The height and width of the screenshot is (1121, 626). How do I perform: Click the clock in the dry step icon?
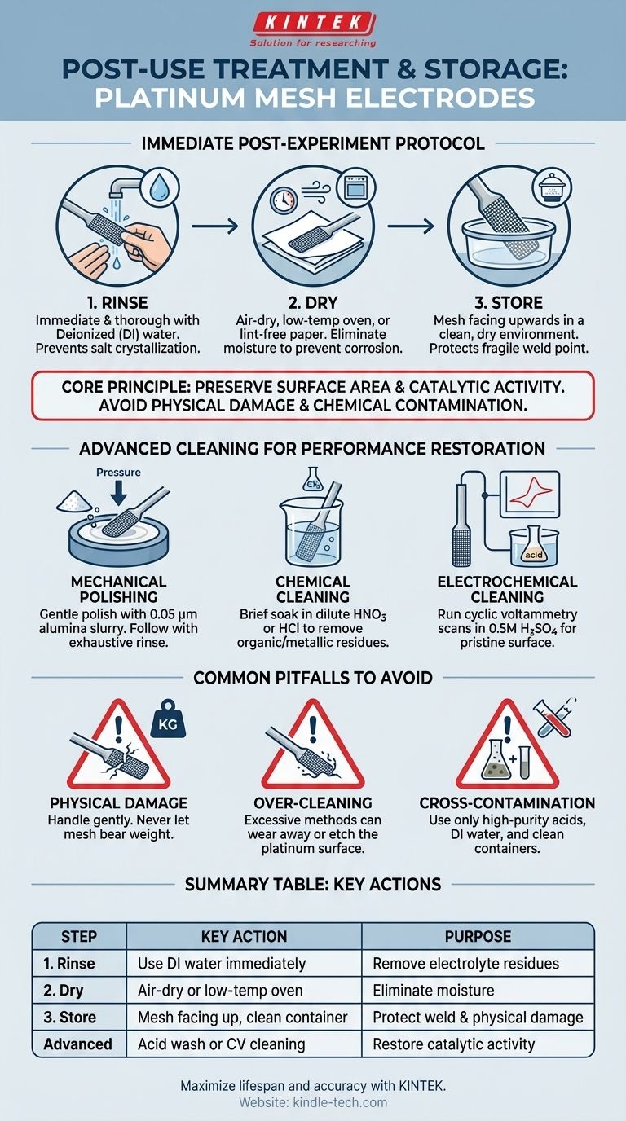pyautogui.click(x=284, y=200)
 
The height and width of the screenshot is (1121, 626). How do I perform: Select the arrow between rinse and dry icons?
pyautogui.click(x=215, y=226)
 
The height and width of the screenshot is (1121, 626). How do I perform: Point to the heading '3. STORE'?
pyautogui.click(x=509, y=303)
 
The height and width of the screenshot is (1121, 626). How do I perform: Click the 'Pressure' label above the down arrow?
pyautogui.click(x=118, y=472)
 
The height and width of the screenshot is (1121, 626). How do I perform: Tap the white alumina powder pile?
pyautogui.click(x=74, y=501)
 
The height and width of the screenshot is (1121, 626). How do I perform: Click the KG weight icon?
pyautogui.click(x=169, y=719)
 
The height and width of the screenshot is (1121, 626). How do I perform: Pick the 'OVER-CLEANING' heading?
pyautogui.click(x=313, y=803)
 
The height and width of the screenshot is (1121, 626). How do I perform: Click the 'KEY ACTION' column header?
pyautogui.click(x=244, y=936)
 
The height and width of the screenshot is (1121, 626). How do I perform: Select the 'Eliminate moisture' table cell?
pyautogui.click(x=433, y=991)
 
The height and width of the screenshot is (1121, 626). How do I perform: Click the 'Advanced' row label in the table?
pyautogui.click(x=77, y=1044)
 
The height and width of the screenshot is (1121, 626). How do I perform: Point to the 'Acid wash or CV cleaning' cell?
pyautogui.click(x=222, y=1044)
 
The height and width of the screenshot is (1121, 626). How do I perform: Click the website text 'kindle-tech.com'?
pyautogui.click(x=340, y=1101)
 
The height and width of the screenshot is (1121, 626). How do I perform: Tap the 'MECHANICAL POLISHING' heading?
pyautogui.click(x=118, y=589)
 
